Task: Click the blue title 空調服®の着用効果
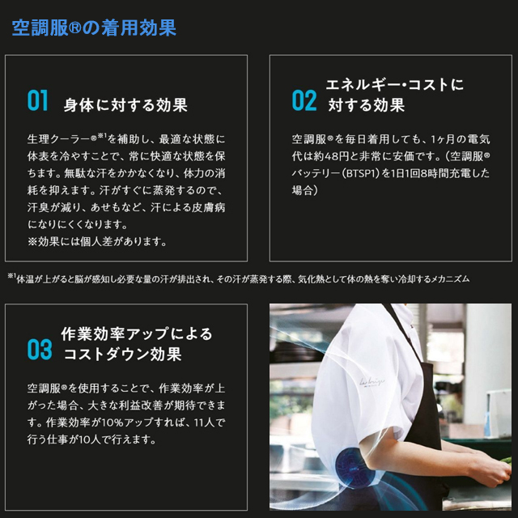pos(94,28)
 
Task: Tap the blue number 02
pos(304,100)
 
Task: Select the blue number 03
pos(39,350)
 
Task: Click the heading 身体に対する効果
pos(125,104)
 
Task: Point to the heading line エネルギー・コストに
pos(394,85)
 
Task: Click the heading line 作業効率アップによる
pos(137,333)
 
